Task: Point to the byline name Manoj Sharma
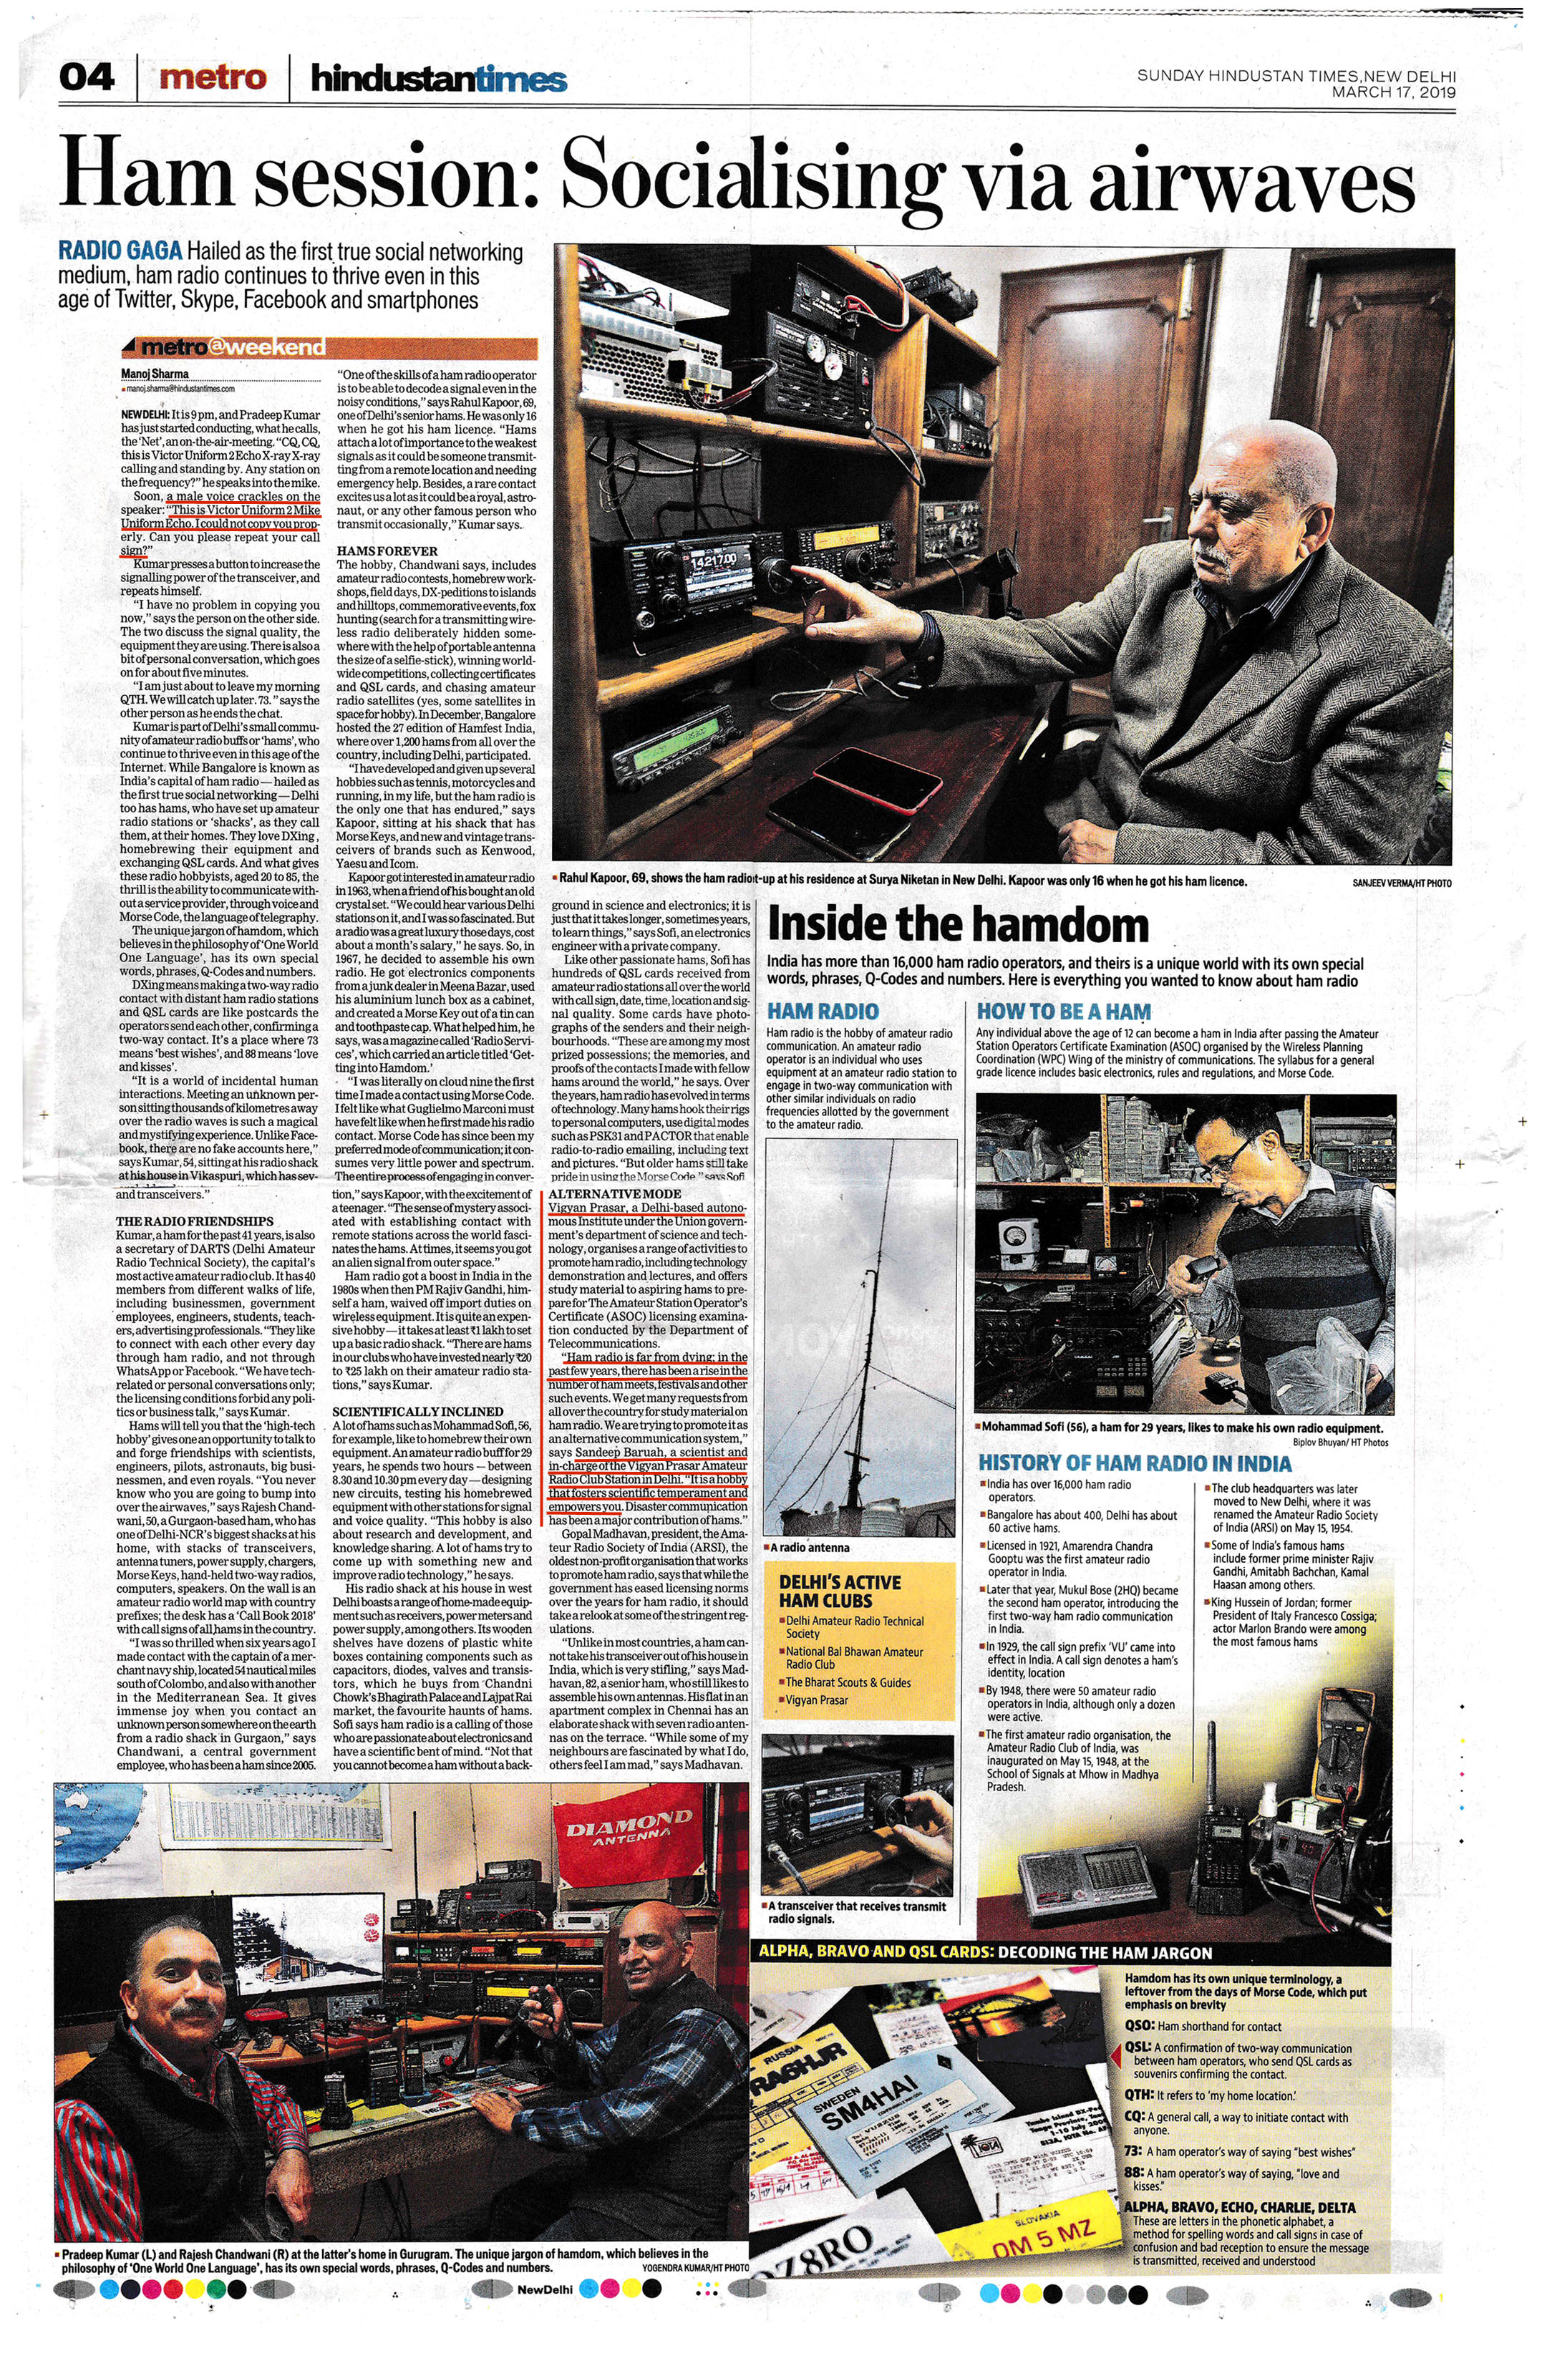155,374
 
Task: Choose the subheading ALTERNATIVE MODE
615,1193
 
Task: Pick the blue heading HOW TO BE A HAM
1063,1011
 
